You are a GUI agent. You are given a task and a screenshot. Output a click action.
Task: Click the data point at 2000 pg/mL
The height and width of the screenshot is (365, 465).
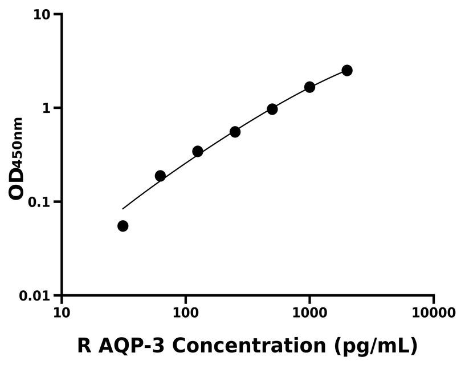pyautogui.click(x=346, y=70)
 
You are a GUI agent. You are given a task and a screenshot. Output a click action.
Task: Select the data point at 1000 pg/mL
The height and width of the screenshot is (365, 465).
pyautogui.click(x=309, y=87)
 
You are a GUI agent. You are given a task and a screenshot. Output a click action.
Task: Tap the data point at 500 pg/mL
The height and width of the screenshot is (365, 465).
pyautogui.click(x=272, y=109)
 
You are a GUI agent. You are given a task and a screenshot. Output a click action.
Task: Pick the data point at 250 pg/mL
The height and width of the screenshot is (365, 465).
pyautogui.click(x=235, y=132)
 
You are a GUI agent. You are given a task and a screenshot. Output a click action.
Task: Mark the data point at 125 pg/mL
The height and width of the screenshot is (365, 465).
pyautogui.click(x=198, y=151)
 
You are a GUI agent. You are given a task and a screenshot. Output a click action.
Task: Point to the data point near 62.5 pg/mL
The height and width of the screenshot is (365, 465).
pyautogui.click(x=160, y=176)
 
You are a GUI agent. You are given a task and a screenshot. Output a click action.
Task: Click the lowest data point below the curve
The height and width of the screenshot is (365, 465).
pyautogui.click(x=123, y=226)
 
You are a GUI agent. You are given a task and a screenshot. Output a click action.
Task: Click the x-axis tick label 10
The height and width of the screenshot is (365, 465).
pyautogui.click(x=62, y=313)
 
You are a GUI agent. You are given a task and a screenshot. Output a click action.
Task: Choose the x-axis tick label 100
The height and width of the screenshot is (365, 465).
pyautogui.click(x=186, y=313)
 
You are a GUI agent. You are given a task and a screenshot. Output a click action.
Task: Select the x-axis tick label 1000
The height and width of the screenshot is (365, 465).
pyautogui.click(x=309, y=313)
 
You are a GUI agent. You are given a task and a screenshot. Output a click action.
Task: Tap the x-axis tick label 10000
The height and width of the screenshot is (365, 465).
pyautogui.click(x=433, y=313)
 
